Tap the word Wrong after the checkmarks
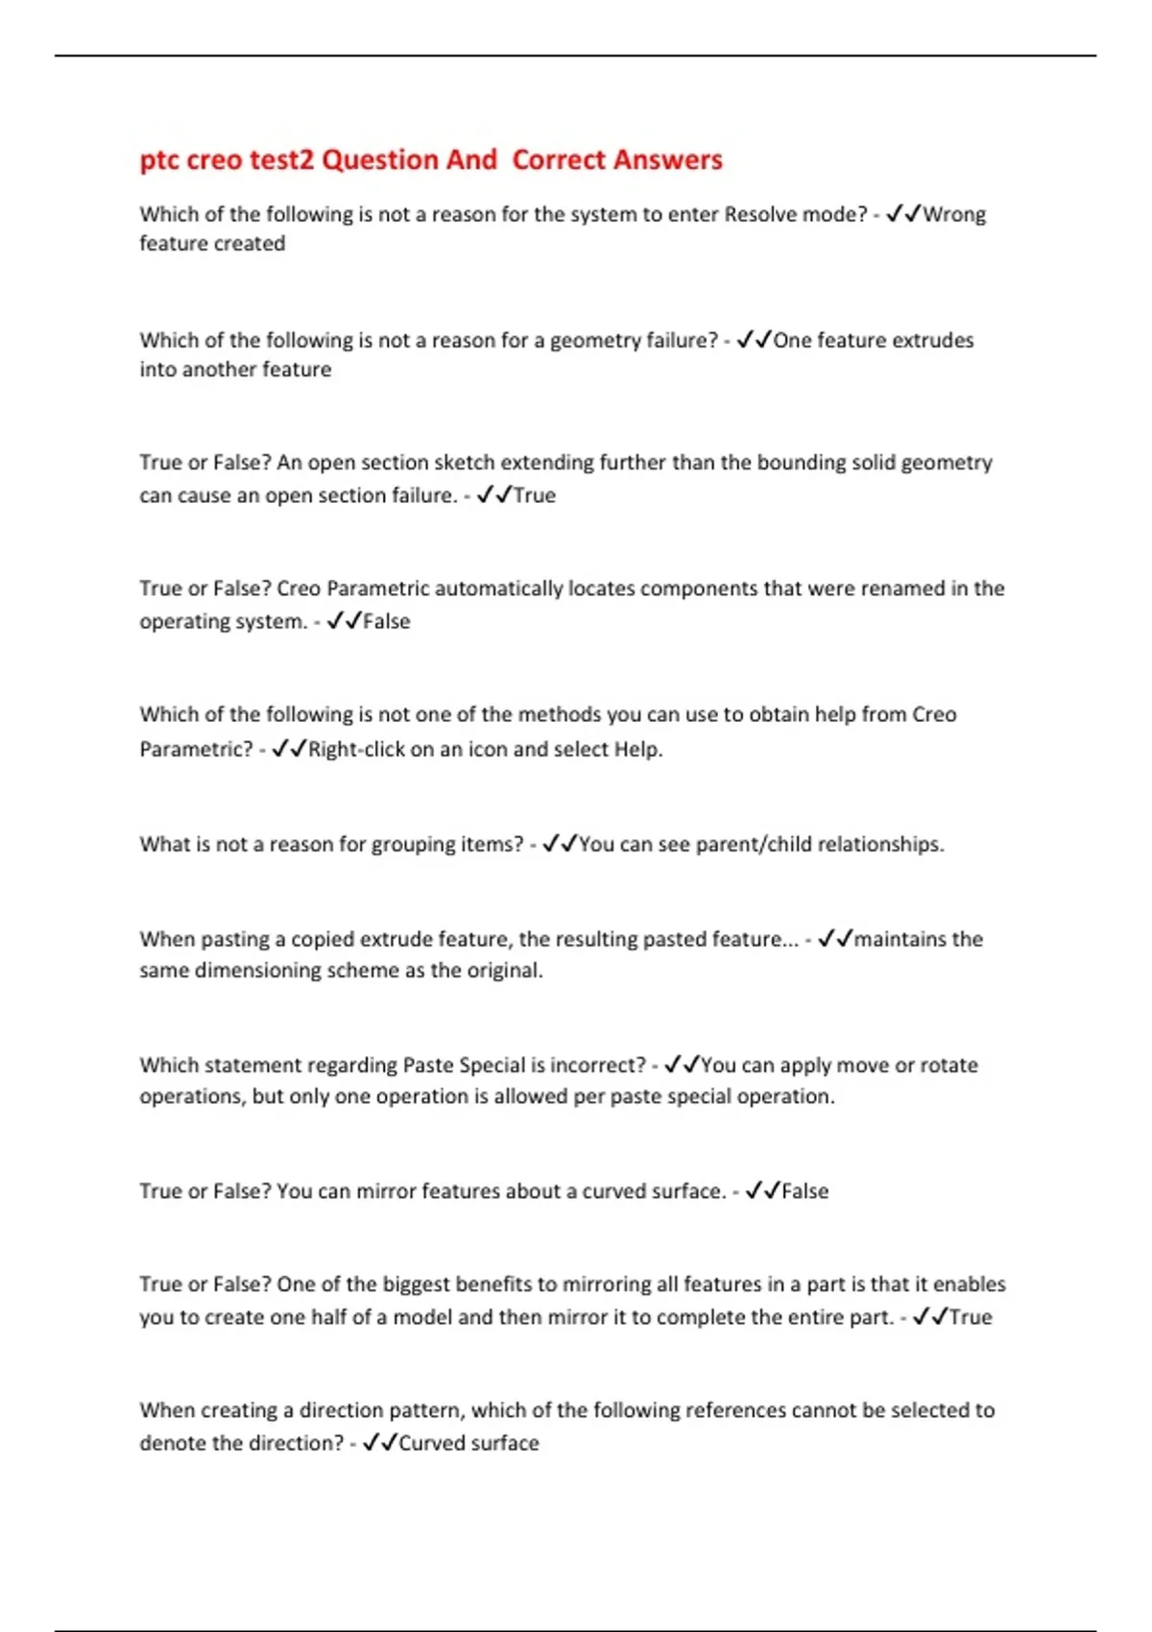click(954, 214)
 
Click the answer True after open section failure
click(535, 495)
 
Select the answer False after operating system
click(387, 621)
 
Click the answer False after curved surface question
click(805, 1190)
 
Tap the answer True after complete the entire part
click(971, 1317)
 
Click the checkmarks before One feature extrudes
click(755, 340)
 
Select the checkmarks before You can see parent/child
click(560, 844)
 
